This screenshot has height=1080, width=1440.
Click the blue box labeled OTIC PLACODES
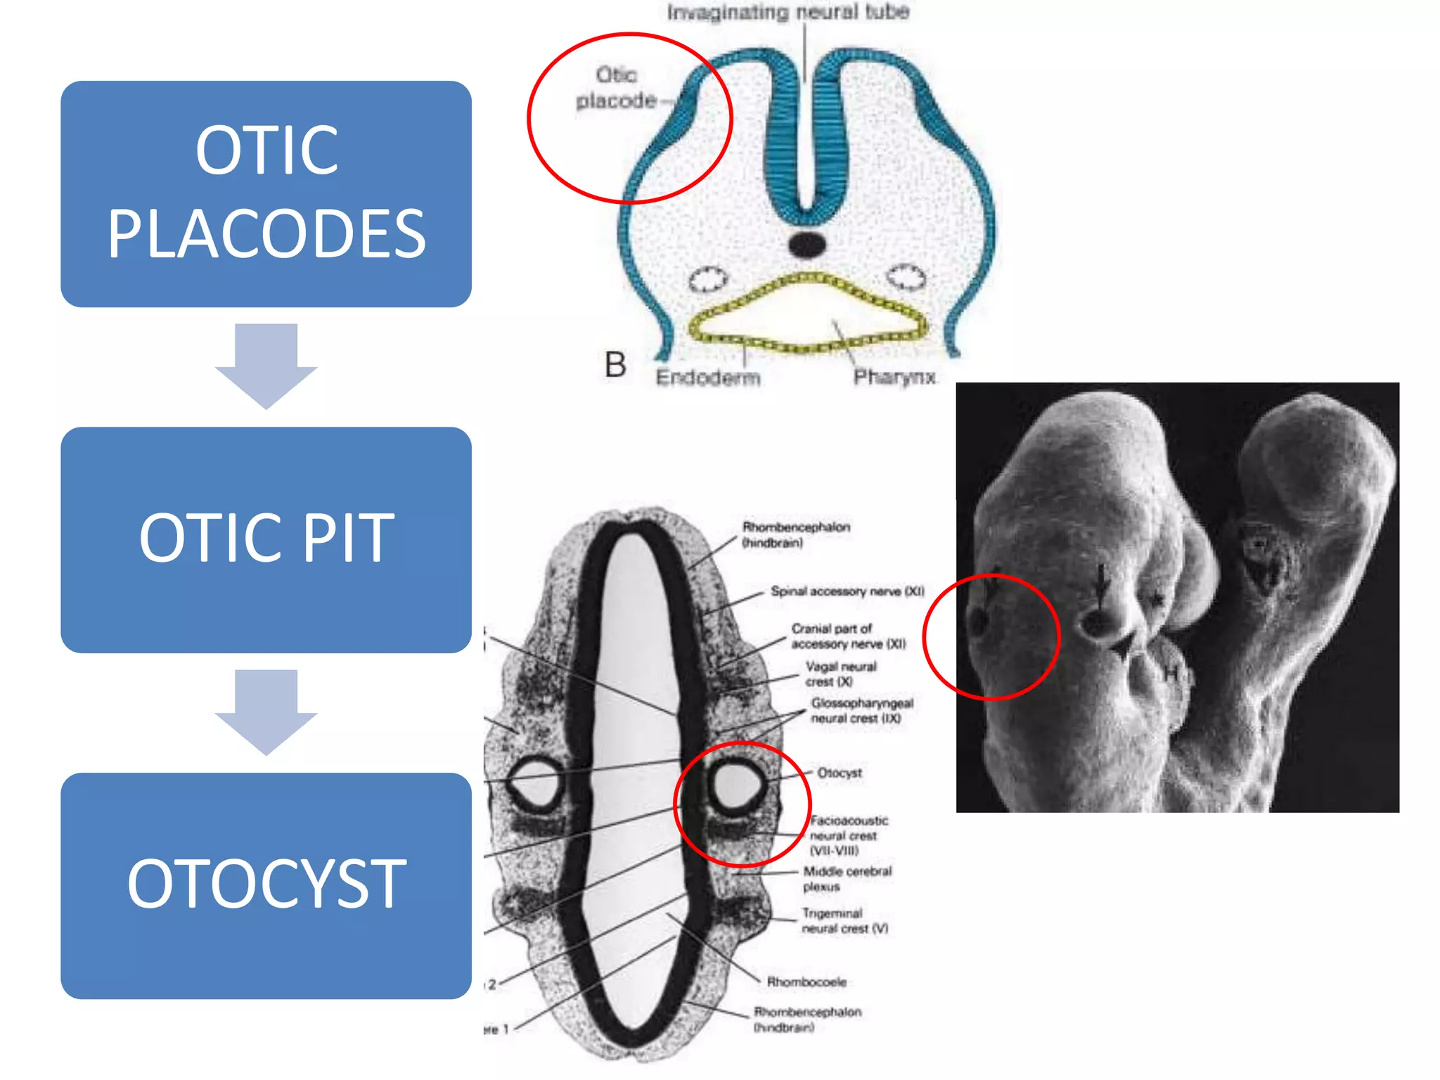coord(266,193)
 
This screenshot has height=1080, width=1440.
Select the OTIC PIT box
coord(266,539)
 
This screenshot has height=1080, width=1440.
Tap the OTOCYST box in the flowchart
coord(266,885)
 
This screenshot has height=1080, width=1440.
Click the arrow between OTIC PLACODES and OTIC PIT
coord(266,366)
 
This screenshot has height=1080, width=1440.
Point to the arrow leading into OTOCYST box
coord(266,712)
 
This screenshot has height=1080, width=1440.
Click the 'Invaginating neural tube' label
coord(787,12)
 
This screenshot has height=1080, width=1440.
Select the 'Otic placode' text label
coord(617,88)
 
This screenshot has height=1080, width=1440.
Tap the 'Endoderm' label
coord(707,378)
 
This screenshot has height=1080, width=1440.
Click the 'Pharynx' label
coord(894,377)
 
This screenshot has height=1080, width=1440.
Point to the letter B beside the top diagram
coord(615,365)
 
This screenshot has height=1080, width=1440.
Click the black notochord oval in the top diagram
coord(806,245)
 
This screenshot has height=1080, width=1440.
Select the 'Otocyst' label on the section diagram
coord(839,773)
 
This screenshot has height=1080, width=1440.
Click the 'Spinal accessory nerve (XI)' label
coord(847,591)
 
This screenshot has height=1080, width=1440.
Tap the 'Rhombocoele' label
coord(806,982)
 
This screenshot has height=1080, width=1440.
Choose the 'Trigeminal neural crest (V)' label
coord(844,921)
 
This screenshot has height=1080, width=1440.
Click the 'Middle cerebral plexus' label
coord(847,879)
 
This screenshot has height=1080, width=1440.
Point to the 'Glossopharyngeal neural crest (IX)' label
coord(861,710)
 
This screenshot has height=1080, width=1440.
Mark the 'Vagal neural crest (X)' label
coord(840,674)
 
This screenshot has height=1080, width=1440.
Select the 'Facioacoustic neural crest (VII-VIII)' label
coord(848,835)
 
